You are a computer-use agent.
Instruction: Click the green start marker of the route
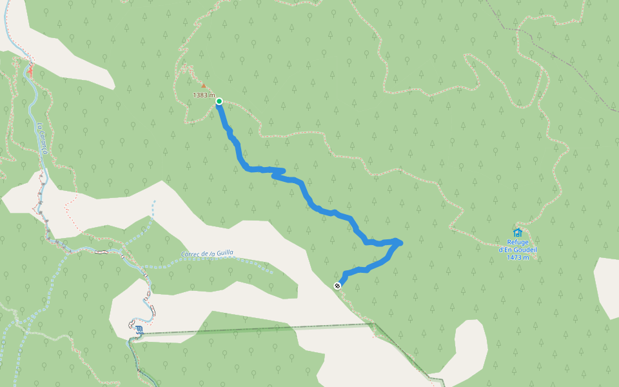click(219, 101)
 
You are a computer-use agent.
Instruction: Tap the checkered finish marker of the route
click(338, 285)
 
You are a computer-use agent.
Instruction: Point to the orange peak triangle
click(204, 85)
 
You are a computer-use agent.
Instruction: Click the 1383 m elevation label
click(204, 95)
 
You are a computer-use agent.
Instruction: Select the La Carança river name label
click(42, 138)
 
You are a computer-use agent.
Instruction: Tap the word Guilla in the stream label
click(222, 253)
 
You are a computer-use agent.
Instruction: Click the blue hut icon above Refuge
click(517, 232)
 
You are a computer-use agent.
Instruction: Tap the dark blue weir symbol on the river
click(139, 330)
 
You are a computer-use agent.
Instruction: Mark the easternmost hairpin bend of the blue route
click(400, 242)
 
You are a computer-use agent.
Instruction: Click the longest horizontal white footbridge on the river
click(101, 252)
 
